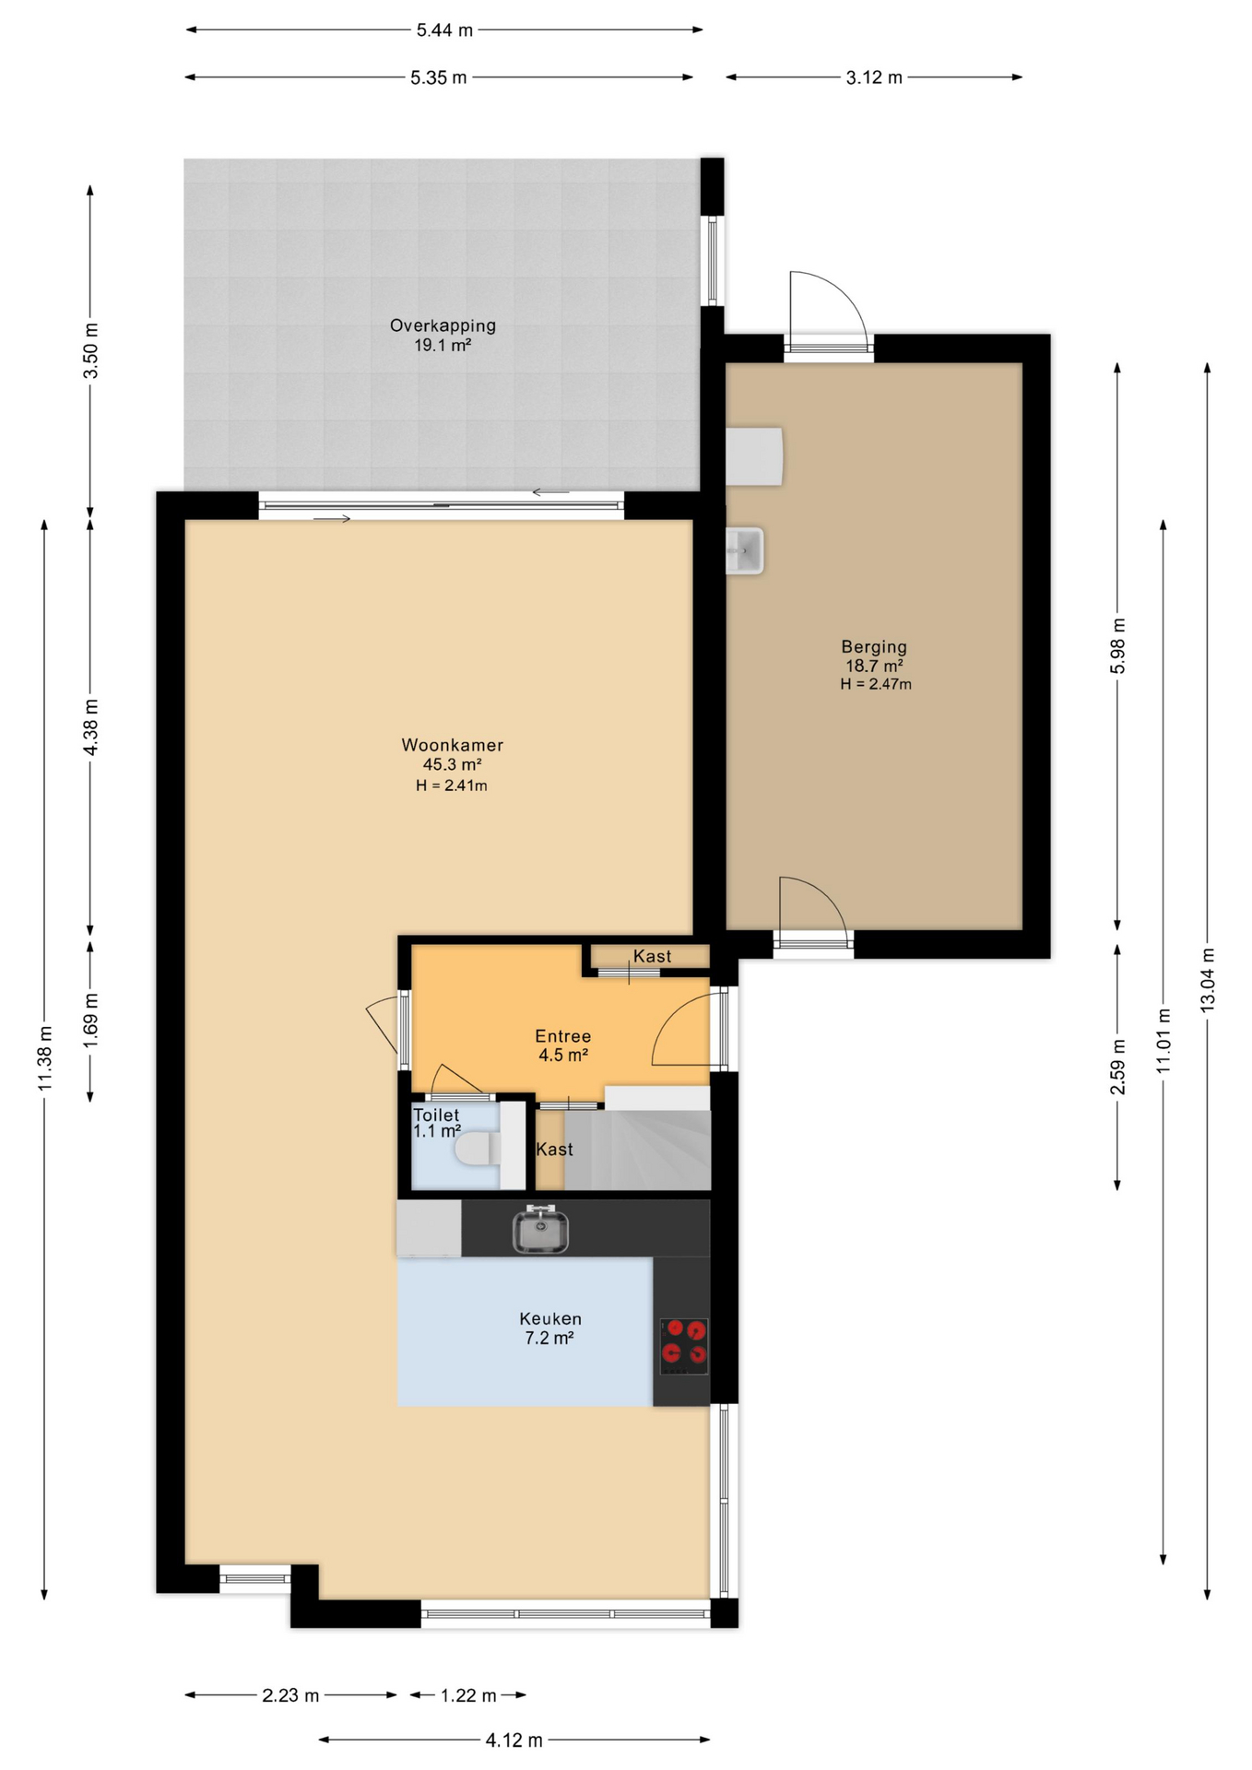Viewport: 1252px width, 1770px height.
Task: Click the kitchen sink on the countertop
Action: tap(540, 1231)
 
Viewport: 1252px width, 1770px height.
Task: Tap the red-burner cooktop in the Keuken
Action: tap(684, 1346)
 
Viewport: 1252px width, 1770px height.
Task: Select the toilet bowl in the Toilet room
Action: tap(478, 1149)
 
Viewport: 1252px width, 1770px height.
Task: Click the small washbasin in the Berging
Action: tap(745, 550)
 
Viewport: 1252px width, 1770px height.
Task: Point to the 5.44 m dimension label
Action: tap(444, 29)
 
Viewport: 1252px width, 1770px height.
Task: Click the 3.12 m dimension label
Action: tap(874, 77)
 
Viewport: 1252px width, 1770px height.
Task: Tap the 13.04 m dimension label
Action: tap(1208, 980)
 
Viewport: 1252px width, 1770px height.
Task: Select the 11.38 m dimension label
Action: tap(44, 1058)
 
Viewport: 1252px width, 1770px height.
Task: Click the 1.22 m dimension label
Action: tap(468, 1695)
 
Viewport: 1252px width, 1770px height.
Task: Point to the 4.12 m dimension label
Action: tap(514, 1740)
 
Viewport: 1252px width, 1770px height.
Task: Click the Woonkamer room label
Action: tap(452, 745)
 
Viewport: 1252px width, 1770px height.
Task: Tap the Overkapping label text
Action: tap(443, 325)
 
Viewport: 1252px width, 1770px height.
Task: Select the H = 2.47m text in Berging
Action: tap(876, 684)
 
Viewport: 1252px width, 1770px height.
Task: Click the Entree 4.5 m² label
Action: tap(563, 1045)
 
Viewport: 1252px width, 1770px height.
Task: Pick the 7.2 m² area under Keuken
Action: tap(549, 1338)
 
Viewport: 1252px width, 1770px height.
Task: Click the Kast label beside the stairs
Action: tap(554, 1150)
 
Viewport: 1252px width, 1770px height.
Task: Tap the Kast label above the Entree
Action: tap(652, 956)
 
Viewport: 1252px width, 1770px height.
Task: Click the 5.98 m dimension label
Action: tap(1117, 645)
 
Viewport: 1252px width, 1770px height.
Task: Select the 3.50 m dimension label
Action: tap(90, 350)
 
